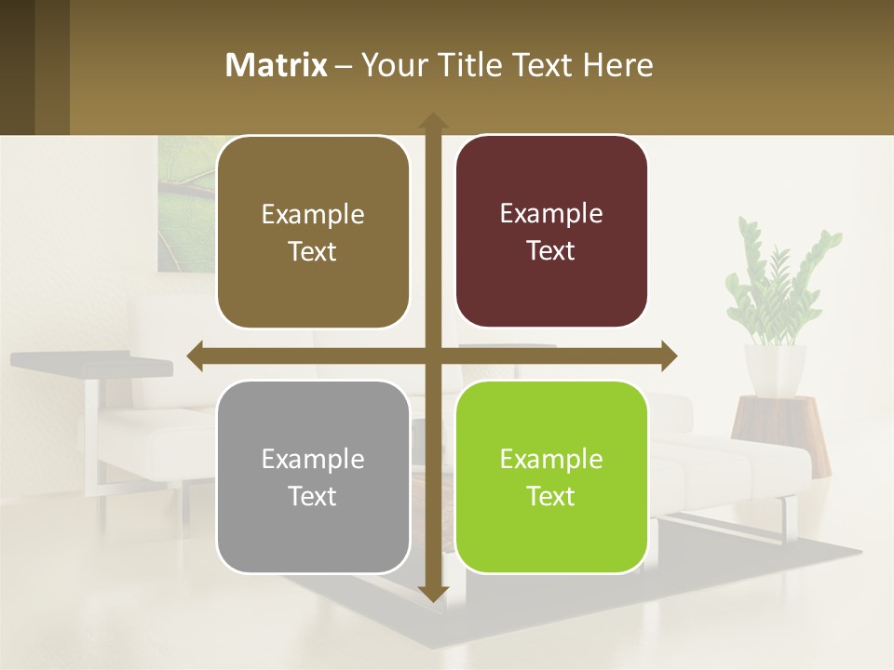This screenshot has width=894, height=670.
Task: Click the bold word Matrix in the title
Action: (277, 65)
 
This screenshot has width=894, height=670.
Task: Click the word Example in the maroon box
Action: (551, 213)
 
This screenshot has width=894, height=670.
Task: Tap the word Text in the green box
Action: (551, 496)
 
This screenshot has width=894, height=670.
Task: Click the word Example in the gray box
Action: (313, 459)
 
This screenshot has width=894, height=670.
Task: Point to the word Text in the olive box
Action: (313, 251)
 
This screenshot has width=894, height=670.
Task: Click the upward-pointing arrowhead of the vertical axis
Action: (432, 121)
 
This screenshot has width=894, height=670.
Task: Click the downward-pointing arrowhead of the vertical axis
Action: (432, 593)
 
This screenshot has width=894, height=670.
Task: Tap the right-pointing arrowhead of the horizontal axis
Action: (668, 355)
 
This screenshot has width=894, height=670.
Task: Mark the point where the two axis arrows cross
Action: (432, 355)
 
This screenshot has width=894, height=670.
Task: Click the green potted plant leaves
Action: (779, 279)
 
